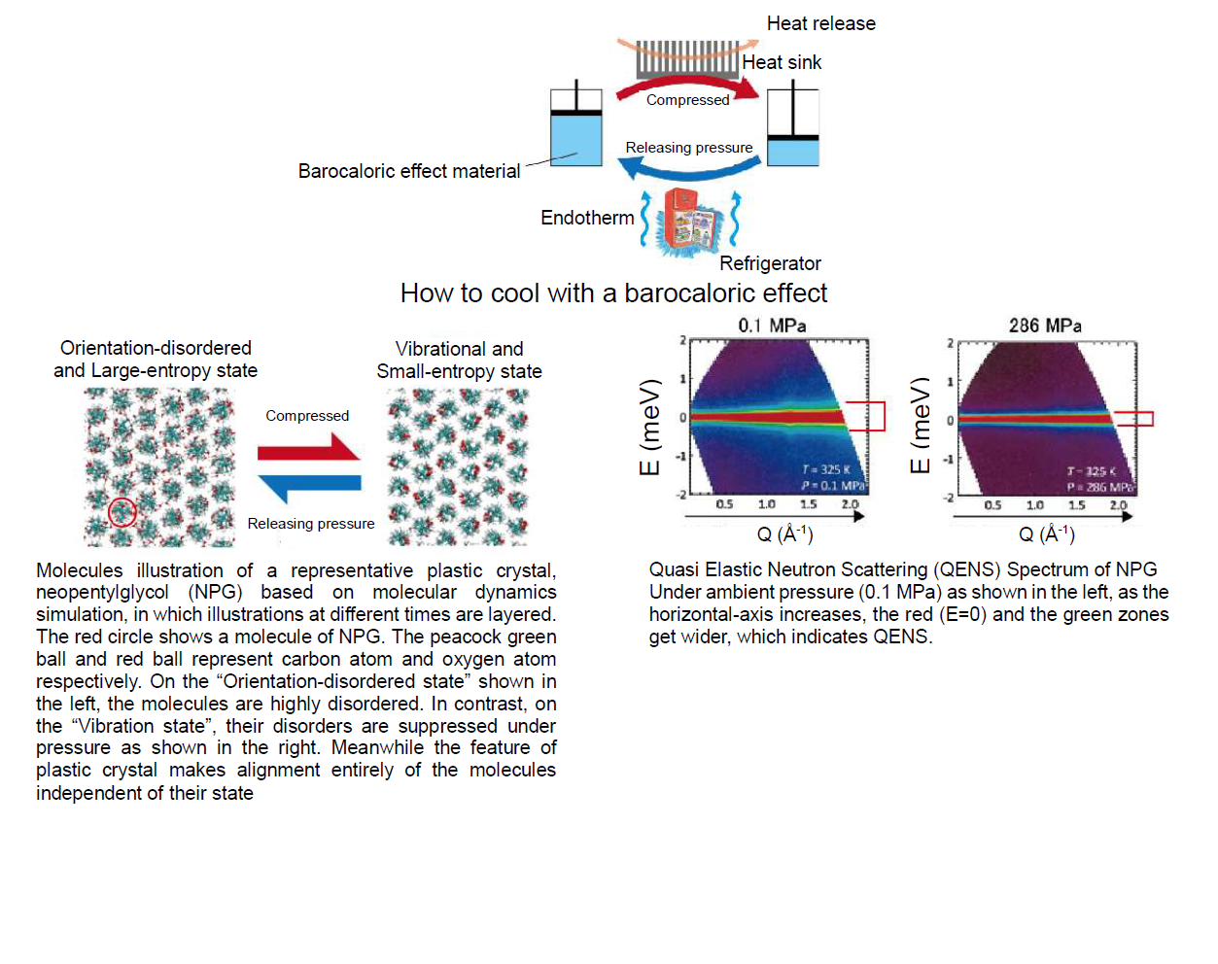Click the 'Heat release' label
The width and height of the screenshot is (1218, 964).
click(x=820, y=23)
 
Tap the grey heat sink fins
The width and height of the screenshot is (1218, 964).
click(x=687, y=59)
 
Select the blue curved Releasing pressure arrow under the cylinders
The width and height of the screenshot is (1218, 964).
click(x=689, y=169)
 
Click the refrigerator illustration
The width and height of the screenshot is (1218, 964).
click(x=689, y=223)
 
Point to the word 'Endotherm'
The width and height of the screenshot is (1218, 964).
click(x=587, y=218)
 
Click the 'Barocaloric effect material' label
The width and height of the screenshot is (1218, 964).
click(x=408, y=171)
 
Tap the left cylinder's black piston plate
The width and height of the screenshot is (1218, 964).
click(x=576, y=113)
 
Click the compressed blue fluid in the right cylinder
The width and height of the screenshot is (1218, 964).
click(x=793, y=153)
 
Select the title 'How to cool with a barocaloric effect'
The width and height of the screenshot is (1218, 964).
click(x=613, y=293)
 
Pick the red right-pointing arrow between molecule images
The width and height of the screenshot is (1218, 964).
click(x=309, y=447)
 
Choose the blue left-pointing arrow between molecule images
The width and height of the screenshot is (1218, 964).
click(x=309, y=488)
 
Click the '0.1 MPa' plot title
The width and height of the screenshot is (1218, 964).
click(x=772, y=326)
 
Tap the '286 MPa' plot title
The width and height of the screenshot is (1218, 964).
click(x=1045, y=326)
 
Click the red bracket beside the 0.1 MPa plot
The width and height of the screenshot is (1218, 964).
click(x=884, y=416)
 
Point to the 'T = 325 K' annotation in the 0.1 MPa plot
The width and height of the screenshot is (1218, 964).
click(x=826, y=469)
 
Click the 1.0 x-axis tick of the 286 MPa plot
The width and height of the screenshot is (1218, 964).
click(x=1034, y=504)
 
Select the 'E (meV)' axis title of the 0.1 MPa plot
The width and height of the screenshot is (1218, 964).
click(x=649, y=428)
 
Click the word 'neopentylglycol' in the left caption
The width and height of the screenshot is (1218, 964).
click(x=102, y=592)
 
